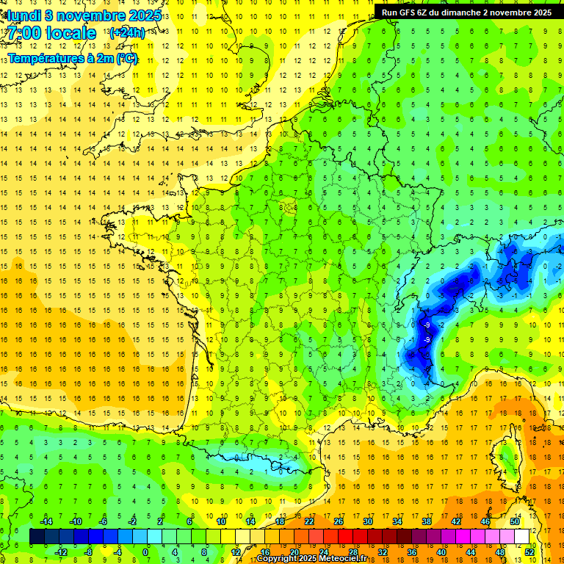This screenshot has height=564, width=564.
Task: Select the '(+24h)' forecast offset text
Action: (126, 33)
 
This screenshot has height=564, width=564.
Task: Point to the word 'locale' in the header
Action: (71, 33)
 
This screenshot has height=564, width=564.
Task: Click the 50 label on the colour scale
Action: (515, 521)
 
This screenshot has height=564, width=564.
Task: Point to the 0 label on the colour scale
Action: (145, 552)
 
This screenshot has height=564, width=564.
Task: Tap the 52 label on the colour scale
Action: (529, 552)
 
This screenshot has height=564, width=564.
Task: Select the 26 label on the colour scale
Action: (339, 521)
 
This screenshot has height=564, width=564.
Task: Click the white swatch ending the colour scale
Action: (522, 536)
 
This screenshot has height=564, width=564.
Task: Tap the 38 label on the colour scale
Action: (427, 521)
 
